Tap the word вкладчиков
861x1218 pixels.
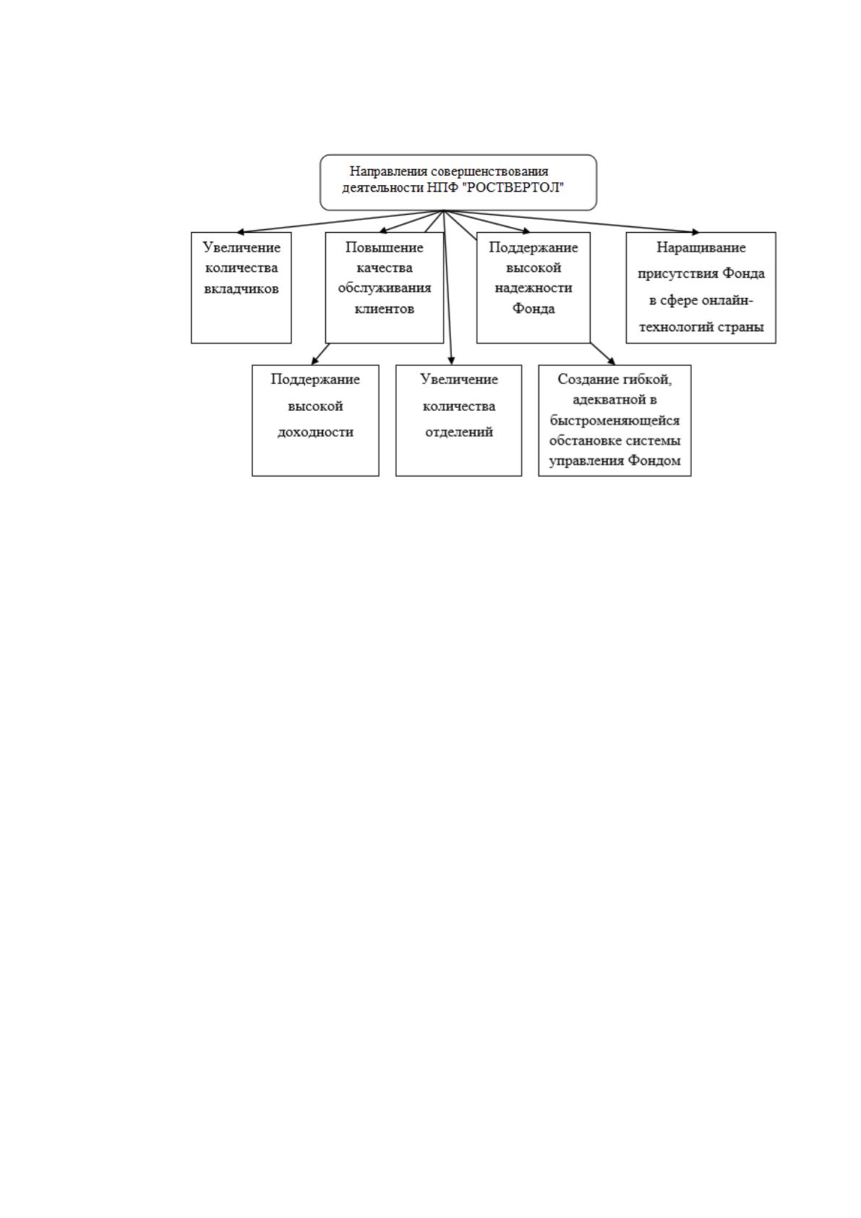click(x=241, y=289)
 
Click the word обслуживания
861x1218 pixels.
click(x=385, y=288)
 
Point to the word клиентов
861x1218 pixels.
click(x=385, y=309)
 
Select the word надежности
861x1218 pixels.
click(x=534, y=288)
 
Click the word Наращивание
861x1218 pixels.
click(x=701, y=248)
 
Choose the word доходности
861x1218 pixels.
click(x=315, y=433)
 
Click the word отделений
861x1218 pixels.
click(x=459, y=433)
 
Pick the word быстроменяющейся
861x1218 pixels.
click(x=614, y=420)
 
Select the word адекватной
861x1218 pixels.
click(x=607, y=400)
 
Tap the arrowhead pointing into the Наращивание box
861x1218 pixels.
click(x=695, y=232)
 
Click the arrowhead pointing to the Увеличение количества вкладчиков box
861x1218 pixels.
click(x=241, y=232)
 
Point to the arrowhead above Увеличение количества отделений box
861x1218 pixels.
click(x=451, y=360)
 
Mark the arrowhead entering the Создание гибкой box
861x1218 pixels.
click(x=612, y=361)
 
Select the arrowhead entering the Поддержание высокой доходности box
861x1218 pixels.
click(x=314, y=361)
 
